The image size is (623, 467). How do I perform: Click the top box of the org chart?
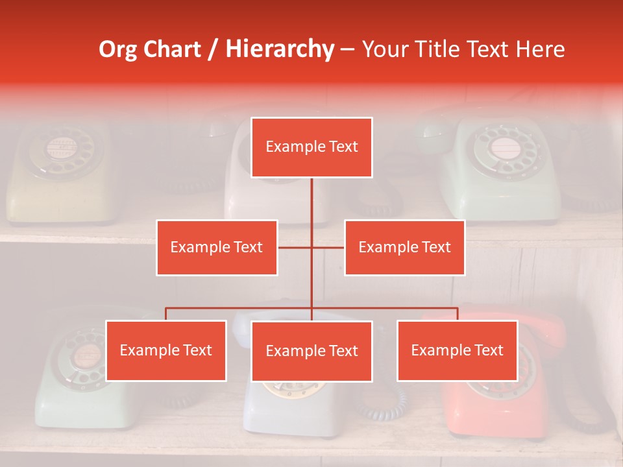[311, 147]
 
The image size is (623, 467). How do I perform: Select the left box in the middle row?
[217, 247]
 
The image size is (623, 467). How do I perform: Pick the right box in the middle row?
[404, 247]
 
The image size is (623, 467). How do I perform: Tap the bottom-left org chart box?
[166, 350]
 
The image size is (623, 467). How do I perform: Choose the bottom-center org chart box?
[311, 351]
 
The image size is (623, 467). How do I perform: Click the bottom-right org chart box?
[457, 350]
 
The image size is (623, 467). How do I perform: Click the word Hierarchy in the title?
[280, 49]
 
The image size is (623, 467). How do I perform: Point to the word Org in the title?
[118, 49]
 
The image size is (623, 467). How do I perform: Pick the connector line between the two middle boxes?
[311, 247]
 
